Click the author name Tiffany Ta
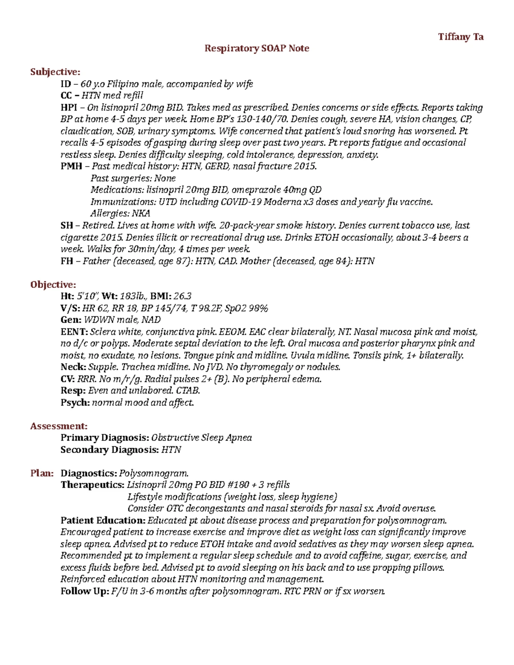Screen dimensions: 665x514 click(x=460, y=37)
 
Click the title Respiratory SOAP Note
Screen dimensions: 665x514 click(x=257, y=48)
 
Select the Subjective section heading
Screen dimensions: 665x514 click(x=55, y=72)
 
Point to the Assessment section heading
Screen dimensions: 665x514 click(x=59, y=426)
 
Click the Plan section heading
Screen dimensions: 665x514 click(x=42, y=473)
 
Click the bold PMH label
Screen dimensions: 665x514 click(x=71, y=166)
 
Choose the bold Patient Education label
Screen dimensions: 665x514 click(x=103, y=521)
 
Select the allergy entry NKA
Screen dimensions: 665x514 click(x=140, y=213)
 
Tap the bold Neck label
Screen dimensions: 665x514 click(x=73, y=367)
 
